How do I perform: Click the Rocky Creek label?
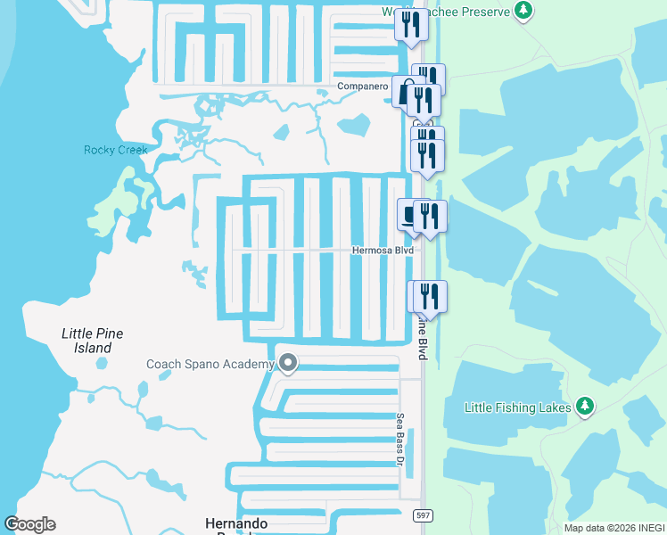(115, 150)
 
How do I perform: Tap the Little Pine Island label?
(93, 341)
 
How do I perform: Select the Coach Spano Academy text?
(210, 364)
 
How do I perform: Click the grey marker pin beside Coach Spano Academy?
(288, 363)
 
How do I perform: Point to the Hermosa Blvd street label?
(383, 251)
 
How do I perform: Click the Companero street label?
(363, 86)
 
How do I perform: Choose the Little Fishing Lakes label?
(517, 407)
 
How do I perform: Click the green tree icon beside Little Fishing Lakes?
(585, 407)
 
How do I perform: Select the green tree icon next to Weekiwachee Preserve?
(525, 11)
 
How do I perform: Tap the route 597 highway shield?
(423, 515)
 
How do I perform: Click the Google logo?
(30, 524)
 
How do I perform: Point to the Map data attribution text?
(614, 528)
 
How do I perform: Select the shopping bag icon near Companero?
(406, 92)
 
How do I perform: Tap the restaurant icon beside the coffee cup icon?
(430, 216)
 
